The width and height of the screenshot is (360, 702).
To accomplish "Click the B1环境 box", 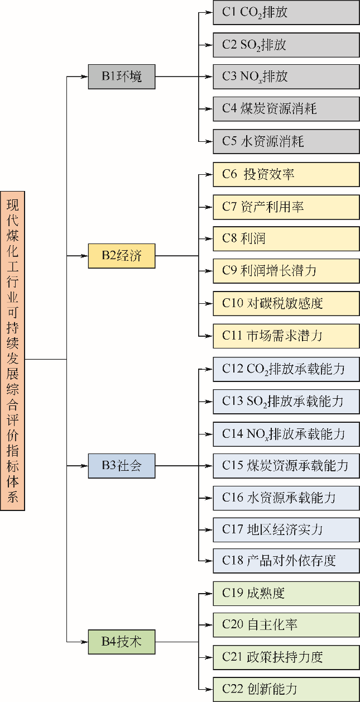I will pyautogui.click(x=121, y=77).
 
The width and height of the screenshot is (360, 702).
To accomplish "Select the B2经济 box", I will pyautogui.click(x=121, y=256).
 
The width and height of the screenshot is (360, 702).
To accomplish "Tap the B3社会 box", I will pyautogui.click(x=121, y=466).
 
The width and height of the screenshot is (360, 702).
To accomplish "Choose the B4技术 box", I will pyautogui.click(x=121, y=642).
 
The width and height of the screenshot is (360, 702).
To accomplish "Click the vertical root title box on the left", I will pyautogui.click(x=12, y=352).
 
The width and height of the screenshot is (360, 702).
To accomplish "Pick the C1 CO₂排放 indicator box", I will pyautogui.click(x=286, y=12).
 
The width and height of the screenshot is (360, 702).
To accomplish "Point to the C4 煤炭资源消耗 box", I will pyautogui.click(x=286, y=109).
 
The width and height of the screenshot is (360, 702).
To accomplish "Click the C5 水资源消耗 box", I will pyautogui.click(x=286, y=141).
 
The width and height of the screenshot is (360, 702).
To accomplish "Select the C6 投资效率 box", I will pyautogui.click(x=286, y=174).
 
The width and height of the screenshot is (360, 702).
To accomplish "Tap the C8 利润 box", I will pyautogui.click(x=286, y=239).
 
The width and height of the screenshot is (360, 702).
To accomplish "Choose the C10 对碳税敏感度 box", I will pyautogui.click(x=286, y=303).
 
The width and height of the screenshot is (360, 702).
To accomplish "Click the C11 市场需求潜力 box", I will pyautogui.click(x=286, y=336).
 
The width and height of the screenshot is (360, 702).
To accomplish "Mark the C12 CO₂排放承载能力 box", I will pyautogui.click(x=286, y=369).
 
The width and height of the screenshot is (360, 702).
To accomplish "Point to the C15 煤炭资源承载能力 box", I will pyautogui.click(x=286, y=465).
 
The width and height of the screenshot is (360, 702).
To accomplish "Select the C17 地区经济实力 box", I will pyautogui.click(x=286, y=529).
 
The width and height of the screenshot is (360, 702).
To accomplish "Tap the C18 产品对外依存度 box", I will pyautogui.click(x=286, y=561).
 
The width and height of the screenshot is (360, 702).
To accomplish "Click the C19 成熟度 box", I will pyautogui.click(x=286, y=593).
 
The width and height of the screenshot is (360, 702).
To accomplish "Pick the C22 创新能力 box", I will pyautogui.click(x=286, y=689).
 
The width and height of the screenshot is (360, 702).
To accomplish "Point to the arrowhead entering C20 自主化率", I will pyautogui.click(x=210, y=625).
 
